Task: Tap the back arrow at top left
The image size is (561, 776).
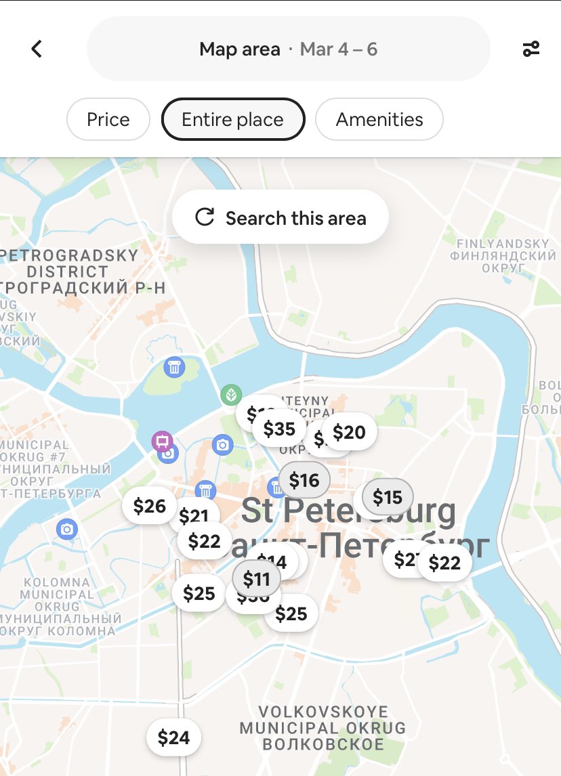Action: tap(37, 49)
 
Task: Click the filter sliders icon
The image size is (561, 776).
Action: tap(531, 49)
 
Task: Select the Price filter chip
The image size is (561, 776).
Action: tap(108, 120)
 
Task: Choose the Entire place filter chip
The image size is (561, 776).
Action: tap(233, 120)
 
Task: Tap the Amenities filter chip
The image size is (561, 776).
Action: tap(379, 120)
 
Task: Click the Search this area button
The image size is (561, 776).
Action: tap(280, 217)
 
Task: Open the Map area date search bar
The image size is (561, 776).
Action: tap(288, 49)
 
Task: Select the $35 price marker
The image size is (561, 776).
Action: tap(279, 429)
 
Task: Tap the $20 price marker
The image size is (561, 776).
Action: tap(350, 432)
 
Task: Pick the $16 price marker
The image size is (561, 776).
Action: tap(304, 480)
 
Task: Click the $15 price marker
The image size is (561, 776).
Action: tap(388, 498)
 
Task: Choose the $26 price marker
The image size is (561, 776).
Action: tap(149, 506)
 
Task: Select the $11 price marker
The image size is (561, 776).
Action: tap(257, 579)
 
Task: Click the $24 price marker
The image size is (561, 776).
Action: tap(173, 737)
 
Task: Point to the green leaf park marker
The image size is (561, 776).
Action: tap(231, 394)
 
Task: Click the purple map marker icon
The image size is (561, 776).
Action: tap(162, 441)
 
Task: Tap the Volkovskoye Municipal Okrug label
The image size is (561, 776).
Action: tap(323, 728)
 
